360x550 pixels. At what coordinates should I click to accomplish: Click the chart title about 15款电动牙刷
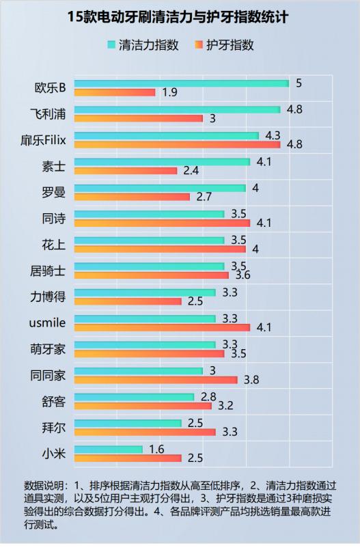click(x=179, y=17)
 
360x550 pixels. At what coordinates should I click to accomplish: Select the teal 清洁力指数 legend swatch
click(x=111, y=46)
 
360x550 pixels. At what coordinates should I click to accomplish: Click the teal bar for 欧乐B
click(x=181, y=83)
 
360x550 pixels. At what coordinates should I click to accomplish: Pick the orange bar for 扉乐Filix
click(x=177, y=144)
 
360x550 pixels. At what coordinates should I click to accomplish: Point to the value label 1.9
click(x=170, y=92)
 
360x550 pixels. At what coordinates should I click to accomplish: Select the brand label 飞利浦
click(x=52, y=113)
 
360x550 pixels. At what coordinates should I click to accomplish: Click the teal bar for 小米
click(x=108, y=449)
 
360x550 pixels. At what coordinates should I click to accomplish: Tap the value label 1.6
click(x=157, y=448)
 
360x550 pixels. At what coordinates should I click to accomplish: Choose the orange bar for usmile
click(x=162, y=327)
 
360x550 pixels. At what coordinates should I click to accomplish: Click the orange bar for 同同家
click(x=156, y=379)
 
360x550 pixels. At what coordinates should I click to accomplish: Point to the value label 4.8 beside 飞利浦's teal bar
click(x=295, y=109)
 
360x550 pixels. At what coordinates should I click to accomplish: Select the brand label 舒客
click(x=54, y=401)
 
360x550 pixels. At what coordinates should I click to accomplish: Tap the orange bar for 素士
click(x=126, y=170)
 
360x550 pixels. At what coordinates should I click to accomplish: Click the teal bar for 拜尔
click(x=128, y=423)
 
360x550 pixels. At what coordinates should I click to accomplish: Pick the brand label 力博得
click(x=49, y=297)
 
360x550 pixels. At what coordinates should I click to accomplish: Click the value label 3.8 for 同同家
click(x=252, y=380)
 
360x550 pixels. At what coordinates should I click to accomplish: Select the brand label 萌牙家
click(x=49, y=348)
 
